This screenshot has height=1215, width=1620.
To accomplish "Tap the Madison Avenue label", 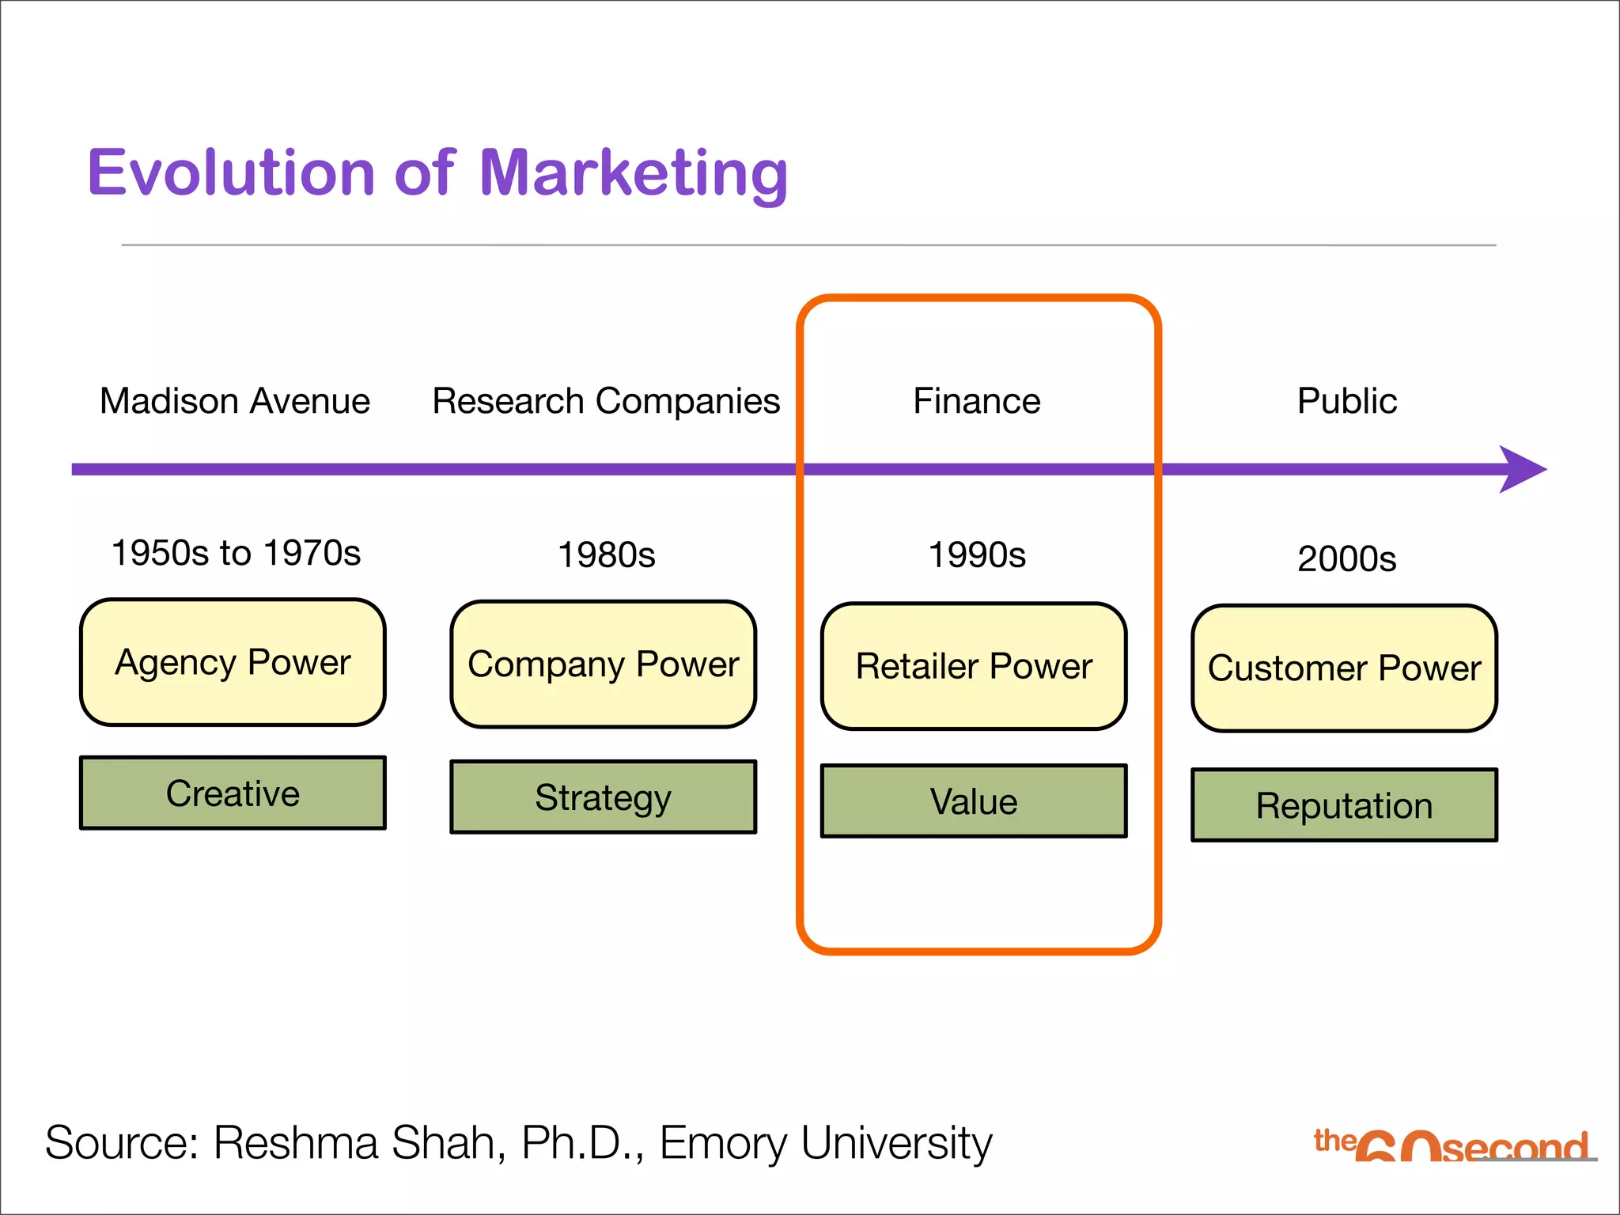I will point(235,401).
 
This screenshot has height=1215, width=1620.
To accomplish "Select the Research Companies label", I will point(606,401).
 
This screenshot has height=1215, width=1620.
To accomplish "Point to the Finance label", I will point(977,401).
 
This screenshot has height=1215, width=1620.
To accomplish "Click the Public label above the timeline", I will point(1346,401).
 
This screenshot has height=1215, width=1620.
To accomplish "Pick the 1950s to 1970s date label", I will point(236,553).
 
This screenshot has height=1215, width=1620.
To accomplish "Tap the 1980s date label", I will point(606,555).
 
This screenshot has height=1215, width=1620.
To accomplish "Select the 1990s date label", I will point(977,555).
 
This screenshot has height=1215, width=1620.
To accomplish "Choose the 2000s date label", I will point(1346,559).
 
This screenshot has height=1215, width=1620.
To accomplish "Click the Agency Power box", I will point(233,662).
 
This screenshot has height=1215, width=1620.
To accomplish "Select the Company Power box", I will point(603,664).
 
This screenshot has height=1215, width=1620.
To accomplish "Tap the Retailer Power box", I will point(974,666).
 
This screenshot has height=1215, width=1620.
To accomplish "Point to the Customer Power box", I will point(1344,668).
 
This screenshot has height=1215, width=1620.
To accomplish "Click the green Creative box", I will point(233,793).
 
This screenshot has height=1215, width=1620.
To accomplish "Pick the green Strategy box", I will point(603,797).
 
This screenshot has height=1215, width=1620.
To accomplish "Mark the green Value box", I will point(974,801).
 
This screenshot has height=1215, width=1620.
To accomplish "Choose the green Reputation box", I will point(1344,805).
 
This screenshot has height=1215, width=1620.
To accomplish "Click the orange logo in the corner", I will point(1452,1145).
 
